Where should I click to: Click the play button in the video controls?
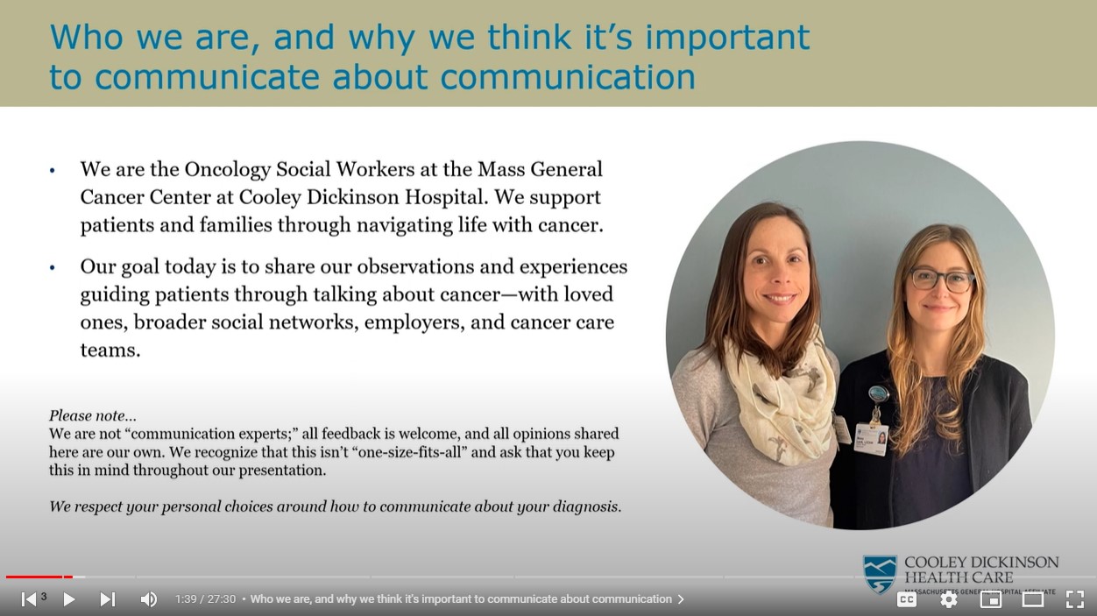pos(69,599)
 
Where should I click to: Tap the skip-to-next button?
pos(107,599)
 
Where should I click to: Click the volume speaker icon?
pos(148,599)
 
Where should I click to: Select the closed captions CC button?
pos(907,599)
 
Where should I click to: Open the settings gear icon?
pos(949,599)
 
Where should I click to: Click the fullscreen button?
pos(1075,599)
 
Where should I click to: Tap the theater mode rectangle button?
pos(1033,599)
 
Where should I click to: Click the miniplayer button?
pos(991,599)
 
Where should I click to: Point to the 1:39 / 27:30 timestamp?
pos(205,599)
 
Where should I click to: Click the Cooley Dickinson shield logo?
pos(880,573)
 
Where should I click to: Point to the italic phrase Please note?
pos(92,415)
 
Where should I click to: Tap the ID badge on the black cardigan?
pos(871,435)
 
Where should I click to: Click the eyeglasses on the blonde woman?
pos(941,280)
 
